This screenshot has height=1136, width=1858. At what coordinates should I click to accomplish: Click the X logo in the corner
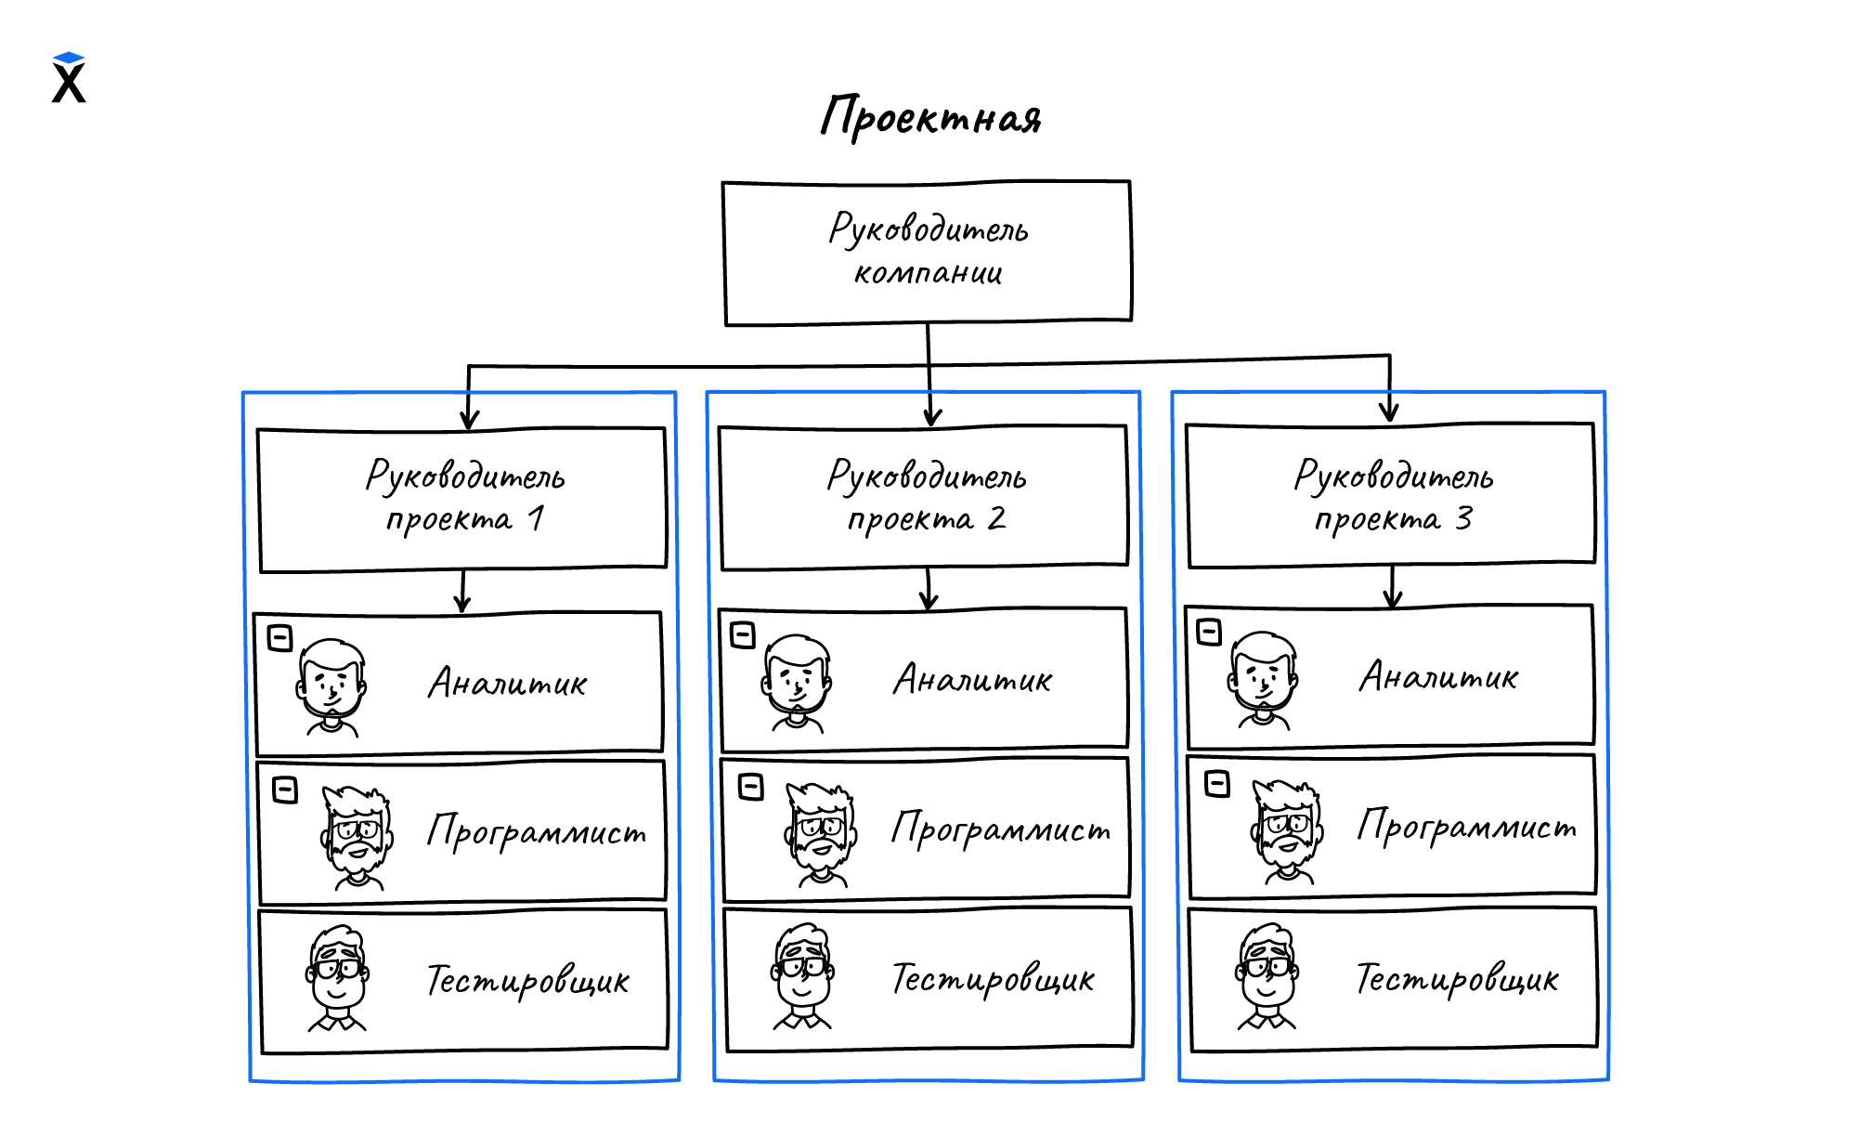tap(69, 78)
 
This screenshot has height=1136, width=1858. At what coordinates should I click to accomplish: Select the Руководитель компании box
tap(927, 253)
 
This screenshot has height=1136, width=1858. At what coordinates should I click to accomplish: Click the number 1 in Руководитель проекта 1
tap(536, 518)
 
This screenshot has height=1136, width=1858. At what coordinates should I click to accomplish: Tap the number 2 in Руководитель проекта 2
tap(996, 518)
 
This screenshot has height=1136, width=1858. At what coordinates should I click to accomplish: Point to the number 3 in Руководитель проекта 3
tap(1463, 518)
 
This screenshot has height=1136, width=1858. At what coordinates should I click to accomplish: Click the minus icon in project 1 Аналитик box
tap(279, 638)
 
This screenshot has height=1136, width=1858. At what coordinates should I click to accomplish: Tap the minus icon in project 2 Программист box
tap(750, 787)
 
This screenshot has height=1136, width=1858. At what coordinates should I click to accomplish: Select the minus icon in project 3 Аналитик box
tap(1209, 632)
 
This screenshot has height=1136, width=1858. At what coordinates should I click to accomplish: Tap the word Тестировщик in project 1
tap(527, 981)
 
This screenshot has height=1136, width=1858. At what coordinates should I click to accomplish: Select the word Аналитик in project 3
tap(1438, 677)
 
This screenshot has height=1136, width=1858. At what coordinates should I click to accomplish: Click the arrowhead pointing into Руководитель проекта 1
tap(469, 420)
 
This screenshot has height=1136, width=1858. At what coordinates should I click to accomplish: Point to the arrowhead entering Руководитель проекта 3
tap(1389, 411)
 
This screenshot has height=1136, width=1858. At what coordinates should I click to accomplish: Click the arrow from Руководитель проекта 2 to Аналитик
tap(929, 590)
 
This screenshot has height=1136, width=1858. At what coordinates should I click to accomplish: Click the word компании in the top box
tap(928, 273)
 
